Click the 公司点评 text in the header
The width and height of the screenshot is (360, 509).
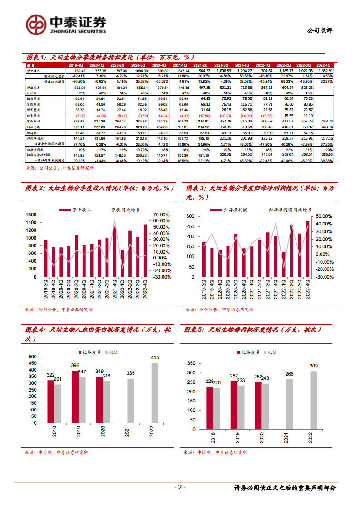coord(320,30)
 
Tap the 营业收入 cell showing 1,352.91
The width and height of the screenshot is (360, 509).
coord(324,71)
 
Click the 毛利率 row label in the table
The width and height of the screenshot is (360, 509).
coord(35,92)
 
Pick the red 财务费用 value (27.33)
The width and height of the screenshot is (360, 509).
coord(222,116)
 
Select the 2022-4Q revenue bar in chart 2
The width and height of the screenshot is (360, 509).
coord(145,250)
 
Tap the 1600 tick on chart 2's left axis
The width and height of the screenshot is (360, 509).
coord(31,215)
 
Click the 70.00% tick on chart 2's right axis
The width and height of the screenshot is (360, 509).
coord(162,215)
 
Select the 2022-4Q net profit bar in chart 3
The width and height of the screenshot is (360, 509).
coord(308,249)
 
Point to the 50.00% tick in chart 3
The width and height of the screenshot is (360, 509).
coord(324,216)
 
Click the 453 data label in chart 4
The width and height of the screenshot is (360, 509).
coord(155,358)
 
